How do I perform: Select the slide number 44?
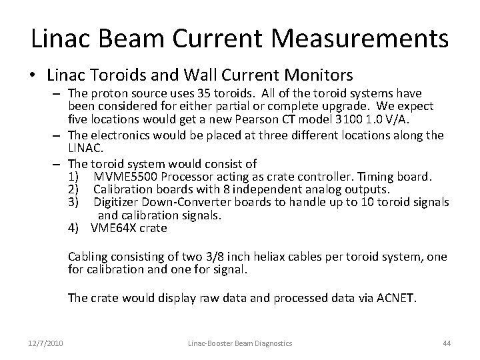point(447,343)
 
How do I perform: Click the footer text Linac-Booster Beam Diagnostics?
point(239,343)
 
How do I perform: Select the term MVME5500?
point(125,177)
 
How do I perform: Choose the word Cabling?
point(87,257)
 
